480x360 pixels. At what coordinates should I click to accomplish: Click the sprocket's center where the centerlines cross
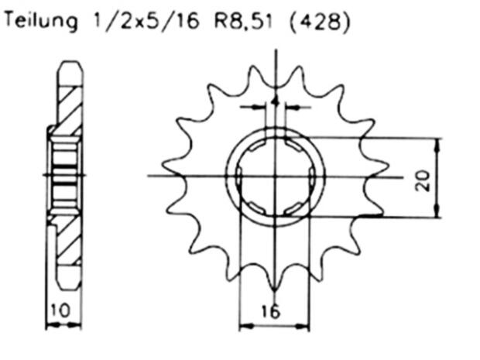[276, 175]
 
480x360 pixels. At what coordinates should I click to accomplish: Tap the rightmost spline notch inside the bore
[311, 175]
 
